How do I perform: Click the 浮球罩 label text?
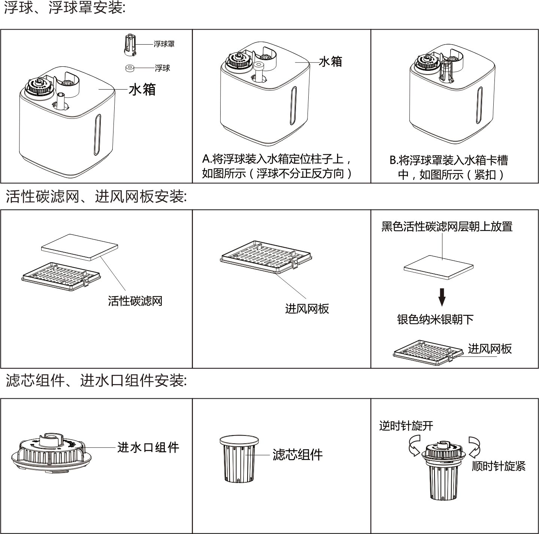(164, 44)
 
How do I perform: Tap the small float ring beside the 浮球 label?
(130, 68)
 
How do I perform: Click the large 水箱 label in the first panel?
(142, 90)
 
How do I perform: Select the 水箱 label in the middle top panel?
(330, 62)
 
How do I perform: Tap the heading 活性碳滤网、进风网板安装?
(96, 196)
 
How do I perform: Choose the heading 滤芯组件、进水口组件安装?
(96, 381)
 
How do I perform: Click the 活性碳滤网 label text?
(135, 301)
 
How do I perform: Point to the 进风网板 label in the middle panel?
(307, 309)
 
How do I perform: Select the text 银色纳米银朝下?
(435, 319)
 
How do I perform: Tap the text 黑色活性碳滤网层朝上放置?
(446, 227)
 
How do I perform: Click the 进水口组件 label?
(148, 447)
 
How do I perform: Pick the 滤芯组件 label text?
(297, 455)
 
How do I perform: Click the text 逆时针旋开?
(406, 426)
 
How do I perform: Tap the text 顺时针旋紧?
(499, 466)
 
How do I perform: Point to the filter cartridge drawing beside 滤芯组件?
(239, 459)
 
